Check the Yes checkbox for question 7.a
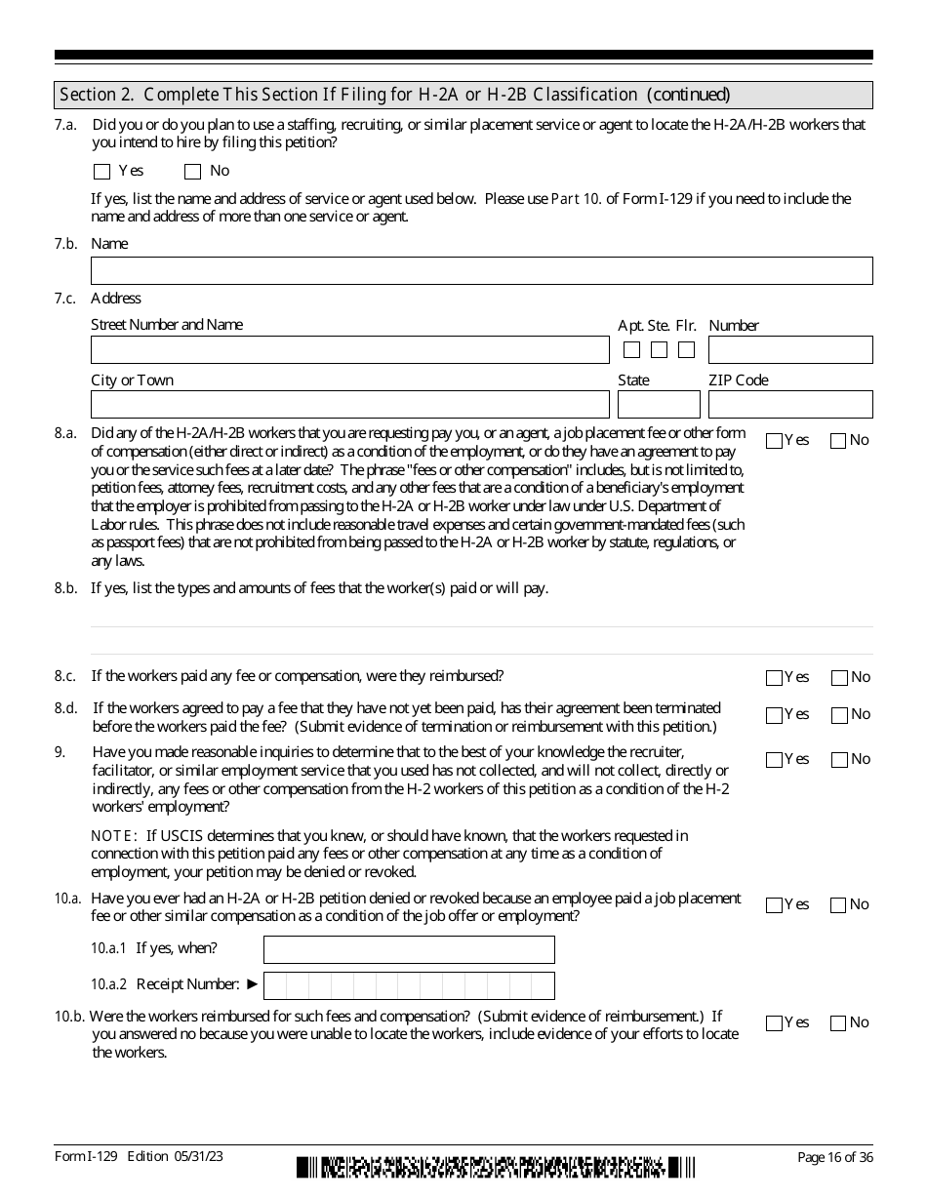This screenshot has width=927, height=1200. click(x=102, y=172)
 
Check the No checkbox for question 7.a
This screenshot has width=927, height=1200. click(x=192, y=172)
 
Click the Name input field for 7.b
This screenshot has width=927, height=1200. click(x=481, y=270)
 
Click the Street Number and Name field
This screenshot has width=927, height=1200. click(x=349, y=350)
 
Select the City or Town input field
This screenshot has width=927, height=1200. click(x=349, y=405)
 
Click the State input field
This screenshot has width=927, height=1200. click(x=659, y=405)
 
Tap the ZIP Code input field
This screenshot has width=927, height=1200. click(x=790, y=405)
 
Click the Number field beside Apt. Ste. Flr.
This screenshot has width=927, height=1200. click(x=790, y=350)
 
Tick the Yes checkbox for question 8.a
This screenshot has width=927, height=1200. click(x=775, y=441)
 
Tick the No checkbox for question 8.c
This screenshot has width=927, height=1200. click(x=838, y=678)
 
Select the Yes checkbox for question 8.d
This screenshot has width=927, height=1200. click(x=775, y=715)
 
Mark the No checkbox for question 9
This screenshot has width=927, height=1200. click(x=838, y=760)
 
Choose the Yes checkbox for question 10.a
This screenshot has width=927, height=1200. click(x=775, y=905)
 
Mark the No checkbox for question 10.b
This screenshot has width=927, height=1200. click(x=838, y=1023)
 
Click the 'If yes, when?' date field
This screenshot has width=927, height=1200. click(x=409, y=949)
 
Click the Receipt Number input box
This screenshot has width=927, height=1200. click(x=409, y=985)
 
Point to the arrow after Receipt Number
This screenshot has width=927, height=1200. click(x=253, y=984)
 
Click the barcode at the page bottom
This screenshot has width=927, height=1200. click(x=497, y=1167)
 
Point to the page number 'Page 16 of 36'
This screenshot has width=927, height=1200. click(x=834, y=1157)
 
